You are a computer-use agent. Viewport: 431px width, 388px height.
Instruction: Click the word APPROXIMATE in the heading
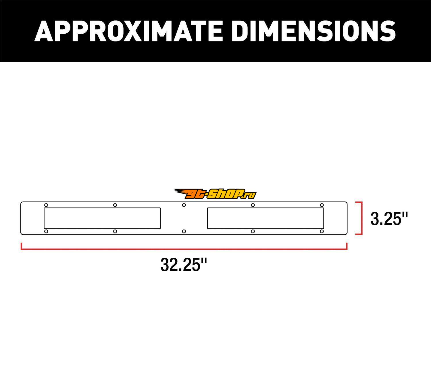(x=128, y=31)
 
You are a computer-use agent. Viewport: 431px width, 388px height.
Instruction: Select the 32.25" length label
(x=184, y=265)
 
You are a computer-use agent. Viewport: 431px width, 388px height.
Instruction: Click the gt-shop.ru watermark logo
(x=215, y=194)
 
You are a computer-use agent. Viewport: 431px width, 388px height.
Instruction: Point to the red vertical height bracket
(x=362, y=218)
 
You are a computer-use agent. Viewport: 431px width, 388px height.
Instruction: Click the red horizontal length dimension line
(x=184, y=249)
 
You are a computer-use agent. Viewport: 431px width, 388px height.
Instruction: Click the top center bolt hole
(x=184, y=205)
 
